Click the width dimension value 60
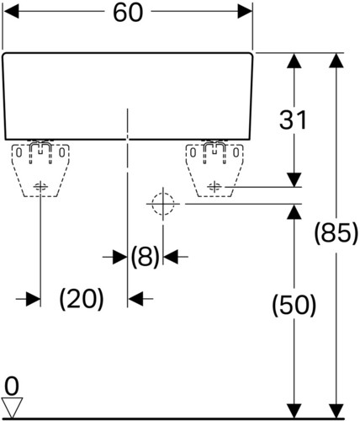[128, 13]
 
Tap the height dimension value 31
[293, 120]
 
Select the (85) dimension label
[336, 232]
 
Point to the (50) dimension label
[294, 306]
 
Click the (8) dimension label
[146, 257]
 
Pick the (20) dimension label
[82, 299]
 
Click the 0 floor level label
[12, 386]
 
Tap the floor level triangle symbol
[12, 408]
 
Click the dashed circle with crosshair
[163, 204]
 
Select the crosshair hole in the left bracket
[40, 187]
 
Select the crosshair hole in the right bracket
[214, 186]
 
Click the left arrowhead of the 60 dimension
[11, 12]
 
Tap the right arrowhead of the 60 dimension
[245, 12]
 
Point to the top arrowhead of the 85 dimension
[336, 61]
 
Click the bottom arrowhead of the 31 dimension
[294, 179]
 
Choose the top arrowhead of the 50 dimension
[294, 212]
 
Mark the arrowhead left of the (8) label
[120, 257]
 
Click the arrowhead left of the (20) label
[33, 299]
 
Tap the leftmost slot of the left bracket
[19, 152]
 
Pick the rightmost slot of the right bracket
[236, 152]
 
